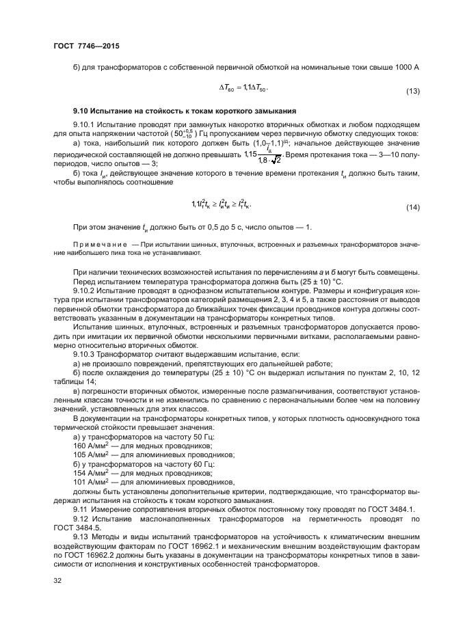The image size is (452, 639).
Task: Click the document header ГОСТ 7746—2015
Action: click(80, 46)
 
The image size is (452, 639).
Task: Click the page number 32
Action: click(57, 581)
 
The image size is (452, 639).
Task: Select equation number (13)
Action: click(412, 91)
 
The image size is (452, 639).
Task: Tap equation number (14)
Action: click(412, 206)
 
